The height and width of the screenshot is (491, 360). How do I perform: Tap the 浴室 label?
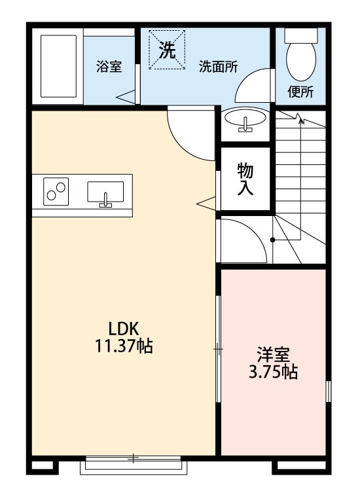[109, 67]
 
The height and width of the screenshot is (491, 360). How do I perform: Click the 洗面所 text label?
[218, 67]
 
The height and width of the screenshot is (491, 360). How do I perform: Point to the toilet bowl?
[301, 55]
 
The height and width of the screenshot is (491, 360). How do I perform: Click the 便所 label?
[301, 92]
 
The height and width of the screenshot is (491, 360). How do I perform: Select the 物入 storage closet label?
[245, 179]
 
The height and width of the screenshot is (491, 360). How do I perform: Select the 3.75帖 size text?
[273, 373]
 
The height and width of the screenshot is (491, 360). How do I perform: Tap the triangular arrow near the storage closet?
[205, 202]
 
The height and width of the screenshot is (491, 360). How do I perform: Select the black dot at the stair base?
[272, 240]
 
